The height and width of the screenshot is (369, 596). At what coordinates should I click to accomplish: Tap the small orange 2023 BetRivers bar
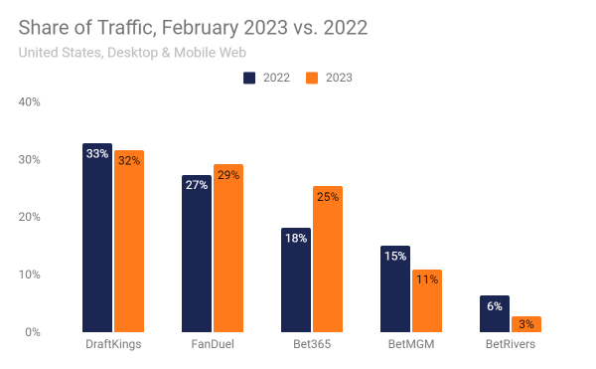pos(526,324)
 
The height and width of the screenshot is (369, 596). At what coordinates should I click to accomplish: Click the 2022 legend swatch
pos(250,77)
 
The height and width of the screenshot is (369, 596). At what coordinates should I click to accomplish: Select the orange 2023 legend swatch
pos(311,77)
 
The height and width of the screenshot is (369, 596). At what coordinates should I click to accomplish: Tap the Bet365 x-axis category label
pos(312,345)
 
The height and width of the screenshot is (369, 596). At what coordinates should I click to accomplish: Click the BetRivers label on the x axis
pos(511,345)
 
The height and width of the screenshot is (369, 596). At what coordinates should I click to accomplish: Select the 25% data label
pos(328,197)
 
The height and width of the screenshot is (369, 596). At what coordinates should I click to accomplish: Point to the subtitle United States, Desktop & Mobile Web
pos(131,52)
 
